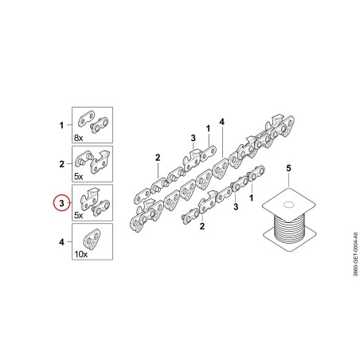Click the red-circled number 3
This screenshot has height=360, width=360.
61,203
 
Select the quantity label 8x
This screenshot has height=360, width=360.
78,138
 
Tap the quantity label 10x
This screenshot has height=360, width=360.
81,254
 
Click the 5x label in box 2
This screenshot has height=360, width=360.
78,177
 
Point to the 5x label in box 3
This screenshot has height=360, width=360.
78,215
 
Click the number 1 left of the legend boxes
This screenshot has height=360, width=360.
61,125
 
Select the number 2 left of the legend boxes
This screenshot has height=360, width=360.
61,164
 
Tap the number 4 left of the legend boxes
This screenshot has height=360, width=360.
61,242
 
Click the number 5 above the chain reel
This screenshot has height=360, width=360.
288,168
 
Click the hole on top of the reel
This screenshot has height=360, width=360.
288,205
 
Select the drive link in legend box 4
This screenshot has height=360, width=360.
92,240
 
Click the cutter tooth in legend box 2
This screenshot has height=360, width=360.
100,162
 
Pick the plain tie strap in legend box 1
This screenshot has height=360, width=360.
86,119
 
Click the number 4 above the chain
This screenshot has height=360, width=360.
222,122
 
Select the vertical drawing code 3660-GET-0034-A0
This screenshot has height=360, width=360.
355,254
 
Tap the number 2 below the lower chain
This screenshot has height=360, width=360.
202,226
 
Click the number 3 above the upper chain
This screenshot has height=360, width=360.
193,138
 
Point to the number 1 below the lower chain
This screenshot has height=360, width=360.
251,198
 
